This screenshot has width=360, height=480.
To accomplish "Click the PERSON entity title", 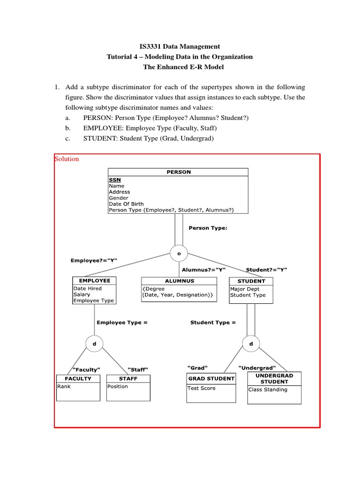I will (179, 172).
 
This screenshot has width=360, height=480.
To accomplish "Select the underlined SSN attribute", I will (115, 180).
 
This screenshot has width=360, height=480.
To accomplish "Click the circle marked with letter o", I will (179, 253).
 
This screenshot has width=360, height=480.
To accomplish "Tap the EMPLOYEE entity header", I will (94, 281).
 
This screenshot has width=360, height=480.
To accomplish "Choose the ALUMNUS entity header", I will (179, 281).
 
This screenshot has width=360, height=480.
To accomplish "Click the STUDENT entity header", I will (251, 281).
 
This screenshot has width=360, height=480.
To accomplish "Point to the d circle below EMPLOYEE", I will (94, 344).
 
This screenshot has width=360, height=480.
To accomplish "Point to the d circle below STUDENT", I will (251, 344).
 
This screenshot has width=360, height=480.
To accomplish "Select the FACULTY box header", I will (78, 378).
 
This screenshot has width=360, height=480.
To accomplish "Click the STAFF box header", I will (128, 378).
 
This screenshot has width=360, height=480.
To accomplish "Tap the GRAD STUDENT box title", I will (211, 379).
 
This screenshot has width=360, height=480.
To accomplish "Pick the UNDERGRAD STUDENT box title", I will (274, 379).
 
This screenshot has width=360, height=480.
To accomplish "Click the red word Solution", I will (67, 159).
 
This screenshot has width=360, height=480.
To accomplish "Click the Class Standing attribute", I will (268, 390).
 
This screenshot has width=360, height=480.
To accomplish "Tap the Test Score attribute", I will (202, 388).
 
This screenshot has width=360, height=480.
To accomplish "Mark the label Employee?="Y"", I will (94, 260).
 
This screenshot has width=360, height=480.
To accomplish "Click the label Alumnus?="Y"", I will (204, 270).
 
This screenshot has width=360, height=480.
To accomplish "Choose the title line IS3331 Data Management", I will (180, 46).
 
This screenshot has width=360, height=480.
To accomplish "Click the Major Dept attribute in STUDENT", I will (245, 289).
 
